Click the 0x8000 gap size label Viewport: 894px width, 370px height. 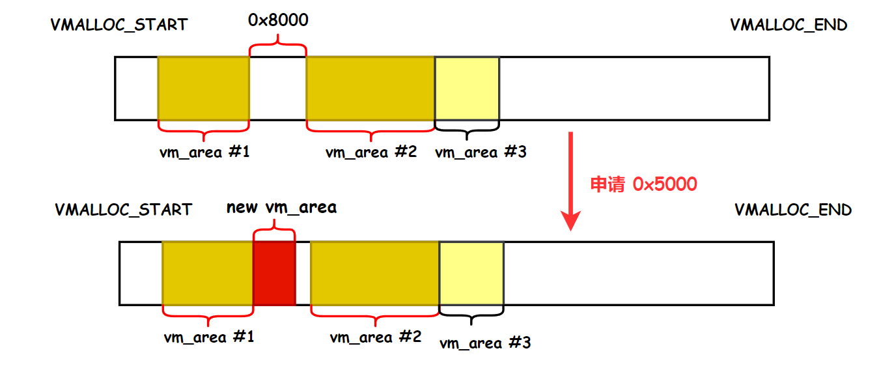(x=278, y=20)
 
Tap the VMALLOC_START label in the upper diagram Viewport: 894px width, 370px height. (x=119, y=25)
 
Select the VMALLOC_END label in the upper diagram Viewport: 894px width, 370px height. (x=789, y=25)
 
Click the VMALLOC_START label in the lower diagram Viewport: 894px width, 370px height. (x=124, y=210)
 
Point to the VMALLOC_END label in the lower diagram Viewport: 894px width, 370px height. (x=793, y=210)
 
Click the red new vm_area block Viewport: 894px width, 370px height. (x=274, y=273)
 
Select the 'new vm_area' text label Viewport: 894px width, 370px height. (x=281, y=208)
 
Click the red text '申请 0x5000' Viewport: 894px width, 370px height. (x=643, y=184)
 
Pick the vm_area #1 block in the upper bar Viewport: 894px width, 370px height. (x=203, y=88)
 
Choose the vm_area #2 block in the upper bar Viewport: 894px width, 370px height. (x=370, y=88)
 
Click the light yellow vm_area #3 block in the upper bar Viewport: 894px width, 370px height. (x=467, y=88)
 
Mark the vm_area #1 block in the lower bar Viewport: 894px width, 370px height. (x=207, y=273)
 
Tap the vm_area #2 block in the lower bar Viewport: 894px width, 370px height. (x=375, y=273)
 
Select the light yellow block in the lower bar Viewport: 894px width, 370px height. (x=471, y=273)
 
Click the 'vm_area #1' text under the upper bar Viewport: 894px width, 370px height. (x=204, y=152)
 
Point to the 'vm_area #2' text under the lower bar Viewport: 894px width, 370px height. (x=376, y=337)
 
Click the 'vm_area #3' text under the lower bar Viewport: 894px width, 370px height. (x=485, y=343)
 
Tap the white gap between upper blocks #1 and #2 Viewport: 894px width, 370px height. (x=277, y=88)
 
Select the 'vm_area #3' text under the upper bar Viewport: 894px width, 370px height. (x=481, y=152)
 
